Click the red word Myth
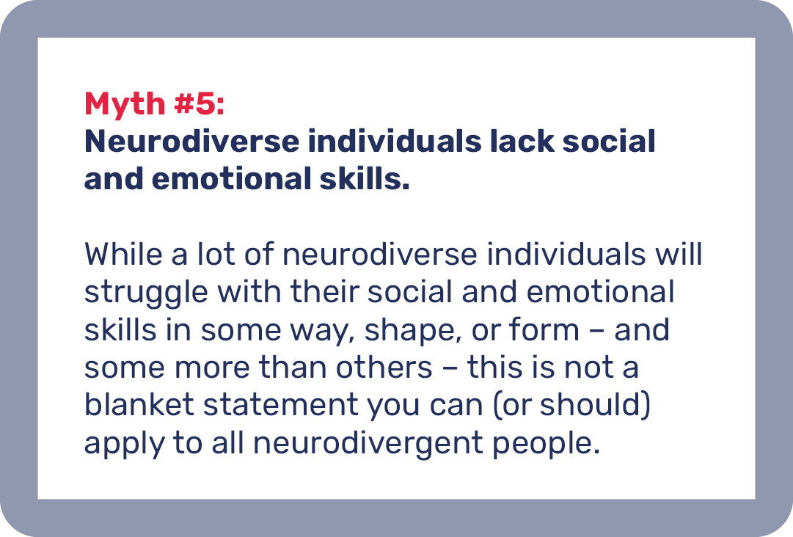pyautogui.click(x=125, y=105)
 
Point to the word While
pyautogui.click(x=123, y=254)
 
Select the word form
pyautogui.click(x=544, y=329)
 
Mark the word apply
pyautogui.click(x=125, y=445)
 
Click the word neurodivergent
pyautogui.click(x=368, y=445)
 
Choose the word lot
pyautogui.click(x=216, y=254)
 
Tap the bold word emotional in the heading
pyautogui.click(x=231, y=179)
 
